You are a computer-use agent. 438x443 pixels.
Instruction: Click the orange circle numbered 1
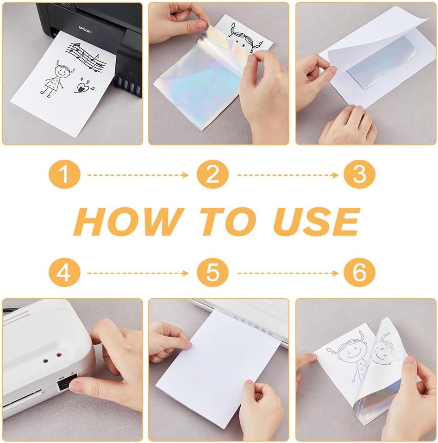64,175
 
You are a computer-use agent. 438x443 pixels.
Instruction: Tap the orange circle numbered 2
213,175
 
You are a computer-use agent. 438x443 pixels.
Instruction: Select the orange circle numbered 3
359,175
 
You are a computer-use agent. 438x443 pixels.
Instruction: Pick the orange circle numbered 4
64,272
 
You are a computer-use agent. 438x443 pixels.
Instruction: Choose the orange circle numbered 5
213,272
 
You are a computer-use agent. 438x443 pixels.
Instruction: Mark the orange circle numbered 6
359,272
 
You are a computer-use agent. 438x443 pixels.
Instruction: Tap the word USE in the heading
317,221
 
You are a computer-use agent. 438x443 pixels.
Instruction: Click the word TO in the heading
228,221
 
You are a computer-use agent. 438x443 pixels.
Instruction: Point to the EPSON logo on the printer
84,29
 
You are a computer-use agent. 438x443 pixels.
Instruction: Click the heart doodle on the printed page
84,86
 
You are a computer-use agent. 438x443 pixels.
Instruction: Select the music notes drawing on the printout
86,57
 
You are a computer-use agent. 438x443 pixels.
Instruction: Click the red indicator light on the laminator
59,355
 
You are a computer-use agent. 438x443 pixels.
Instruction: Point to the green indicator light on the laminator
45,361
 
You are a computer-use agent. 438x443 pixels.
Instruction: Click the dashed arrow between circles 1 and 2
138,175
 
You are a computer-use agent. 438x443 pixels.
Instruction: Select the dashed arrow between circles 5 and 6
288,273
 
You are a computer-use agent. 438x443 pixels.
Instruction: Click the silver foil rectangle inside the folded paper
381,66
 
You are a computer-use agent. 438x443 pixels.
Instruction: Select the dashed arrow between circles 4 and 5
138,273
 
